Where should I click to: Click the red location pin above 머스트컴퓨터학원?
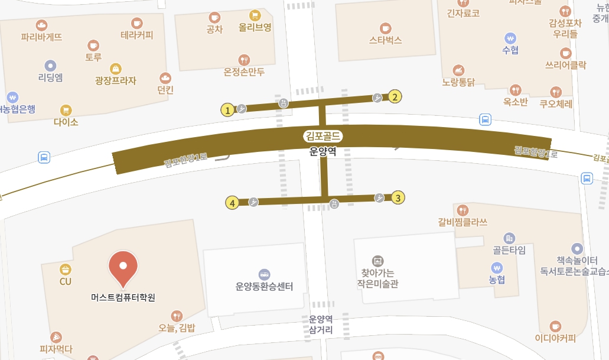[x=125, y=265]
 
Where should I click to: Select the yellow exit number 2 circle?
[x=395, y=97]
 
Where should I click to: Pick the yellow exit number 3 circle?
[x=399, y=198]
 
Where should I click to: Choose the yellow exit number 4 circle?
[x=233, y=203]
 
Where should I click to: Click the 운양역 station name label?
[x=323, y=151]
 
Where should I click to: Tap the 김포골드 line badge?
[x=323, y=136]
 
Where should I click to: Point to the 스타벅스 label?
[x=385, y=40]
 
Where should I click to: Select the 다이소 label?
[x=66, y=122]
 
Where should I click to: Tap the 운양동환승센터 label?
[x=264, y=287]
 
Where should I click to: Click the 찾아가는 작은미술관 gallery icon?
[x=377, y=261]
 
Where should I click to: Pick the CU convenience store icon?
[x=65, y=270]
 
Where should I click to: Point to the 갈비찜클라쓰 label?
[x=463, y=222]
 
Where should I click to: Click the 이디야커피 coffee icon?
[x=555, y=326]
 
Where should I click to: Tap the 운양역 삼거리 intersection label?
[x=321, y=325]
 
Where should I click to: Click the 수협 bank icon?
[x=510, y=37]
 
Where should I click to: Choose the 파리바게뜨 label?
[x=41, y=37]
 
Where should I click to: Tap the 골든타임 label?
[x=509, y=250]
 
